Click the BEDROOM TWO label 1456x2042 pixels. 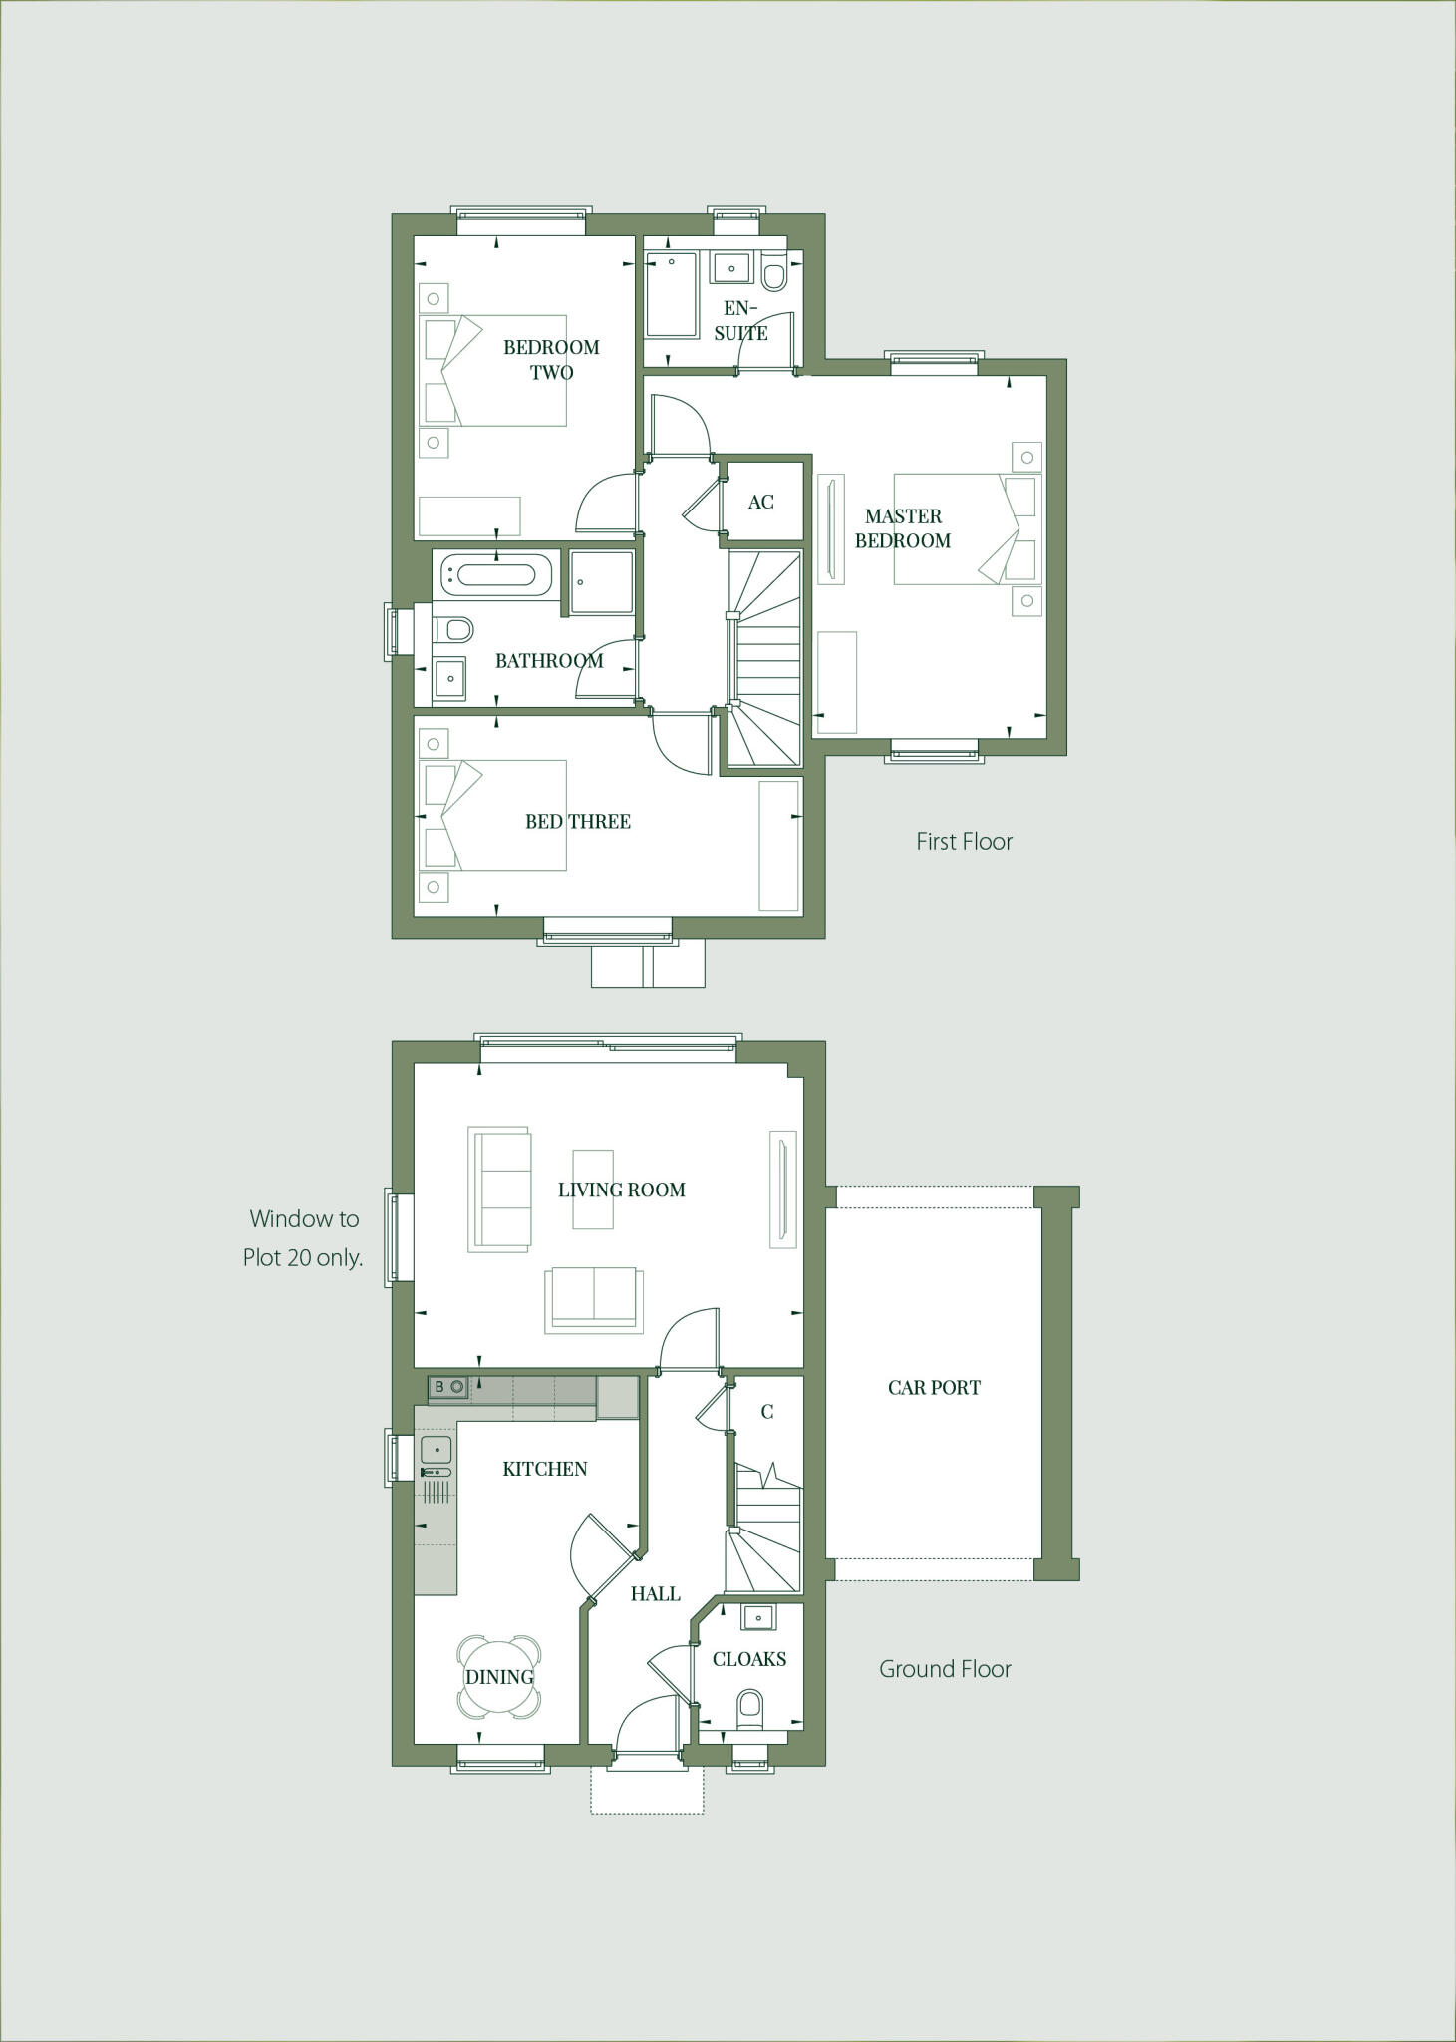[x=551, y=359]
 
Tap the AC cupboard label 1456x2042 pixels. [x=760, y=502]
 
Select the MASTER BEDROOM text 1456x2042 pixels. [x=903, y=528]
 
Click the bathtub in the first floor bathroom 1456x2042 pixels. [x=496, y=574]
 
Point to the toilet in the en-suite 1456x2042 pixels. [x=773, y=273]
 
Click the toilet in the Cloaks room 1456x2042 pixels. [x=749, y=1707]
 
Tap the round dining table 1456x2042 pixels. [x=499, y=1677]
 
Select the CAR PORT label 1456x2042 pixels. [x=934, y=1387]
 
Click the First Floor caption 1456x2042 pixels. [x=964, y=841]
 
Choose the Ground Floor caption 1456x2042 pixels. [x=945, y=1669]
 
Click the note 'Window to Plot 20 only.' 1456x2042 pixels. [x=303, y=1238]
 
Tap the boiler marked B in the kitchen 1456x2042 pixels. [x=448, y=1387]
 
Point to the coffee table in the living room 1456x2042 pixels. [x=592, y=1190]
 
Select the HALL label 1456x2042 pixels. [x=655, y=1594]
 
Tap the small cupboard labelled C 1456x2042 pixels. [x=766, y=1411]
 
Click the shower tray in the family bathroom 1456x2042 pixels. [x=602, y=581]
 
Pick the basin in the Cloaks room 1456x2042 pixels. [x=758, y=1617]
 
